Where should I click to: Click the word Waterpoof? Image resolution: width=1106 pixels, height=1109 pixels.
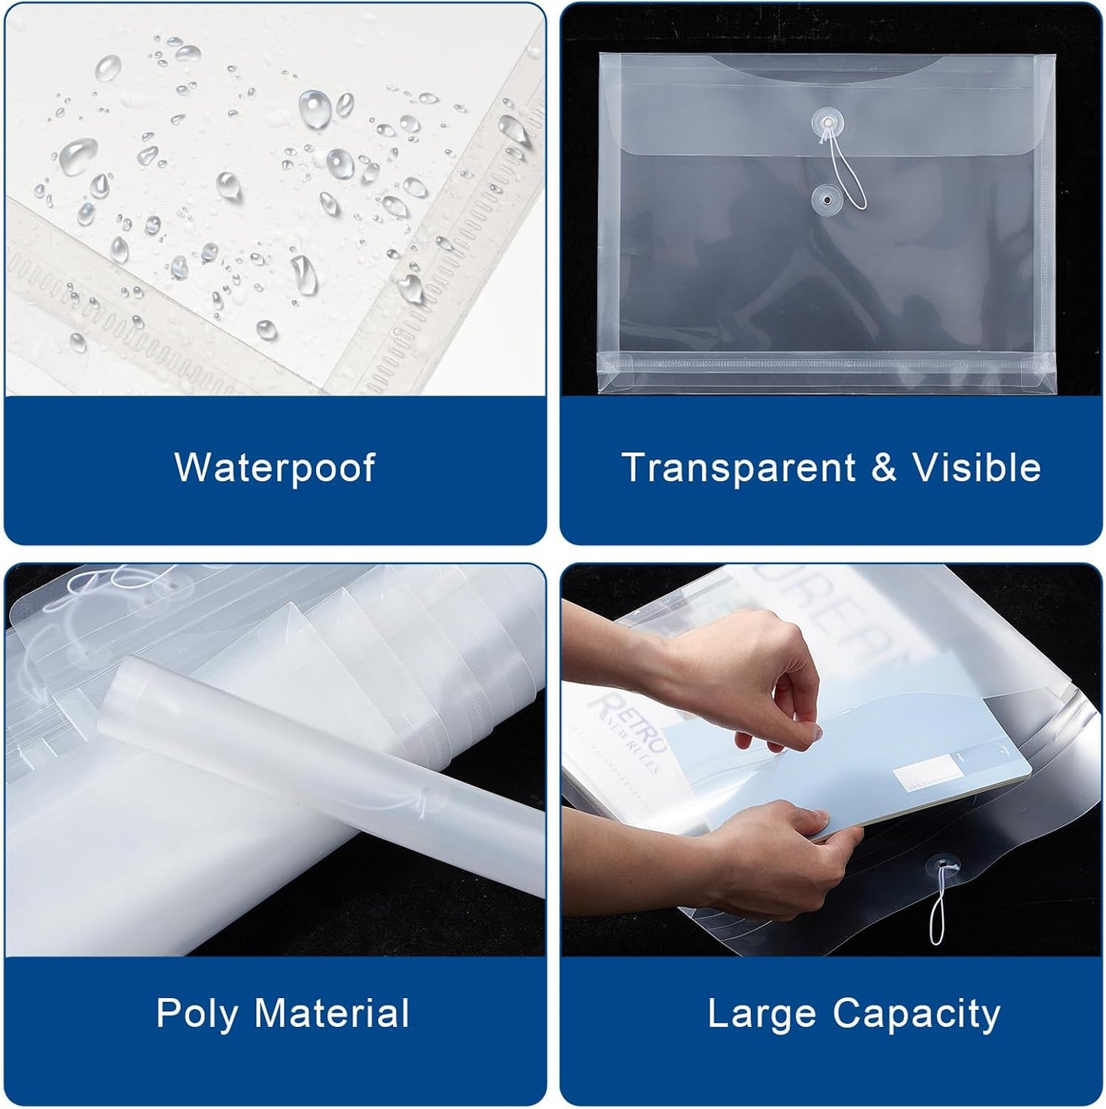(275, 467)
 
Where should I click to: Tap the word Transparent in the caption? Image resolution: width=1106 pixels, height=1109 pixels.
(728, 467)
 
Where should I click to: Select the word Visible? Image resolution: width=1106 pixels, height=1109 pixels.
(977, 467)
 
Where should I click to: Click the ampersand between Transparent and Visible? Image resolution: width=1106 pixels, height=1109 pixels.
(883, 468)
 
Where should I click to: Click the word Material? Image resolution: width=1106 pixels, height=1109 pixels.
(331, 1012)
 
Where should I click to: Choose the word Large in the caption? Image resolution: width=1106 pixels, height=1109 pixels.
(762, 1013)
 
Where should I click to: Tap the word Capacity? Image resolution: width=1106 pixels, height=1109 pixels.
(916, 1014)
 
